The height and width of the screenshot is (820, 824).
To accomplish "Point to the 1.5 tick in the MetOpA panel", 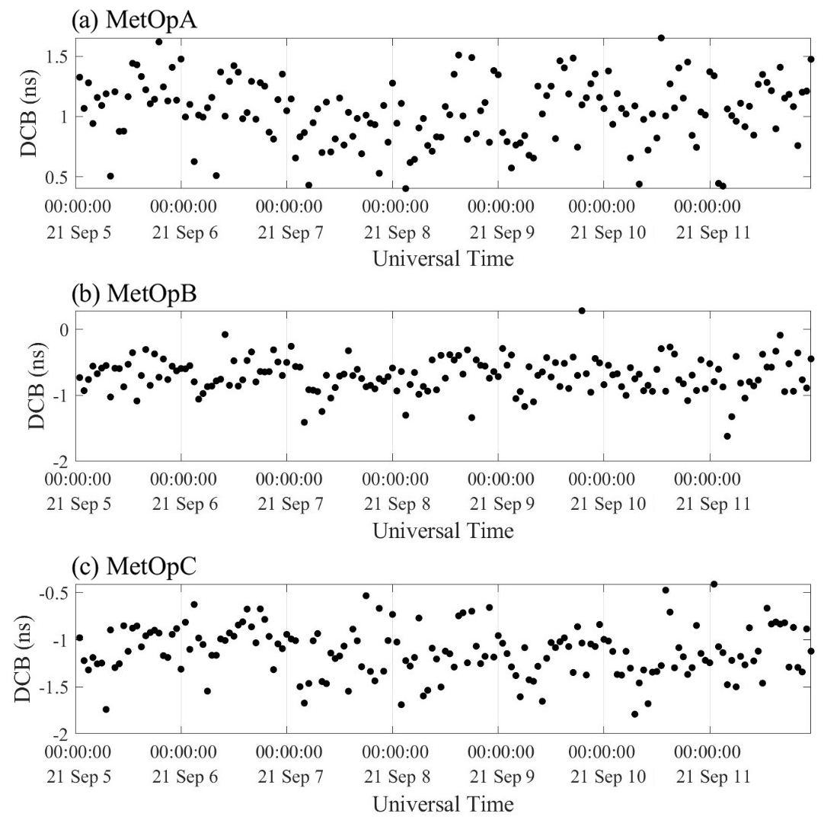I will click(x=59, y=57).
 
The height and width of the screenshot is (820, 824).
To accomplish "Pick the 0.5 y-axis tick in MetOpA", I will click(x=59, y=177).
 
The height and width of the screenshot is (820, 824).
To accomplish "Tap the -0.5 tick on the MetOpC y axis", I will click(x=56, y=593).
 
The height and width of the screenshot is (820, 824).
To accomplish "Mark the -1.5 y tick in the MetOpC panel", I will click(x=56, y=687).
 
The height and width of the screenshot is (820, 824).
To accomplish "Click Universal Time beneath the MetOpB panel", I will click(x=443, y=530).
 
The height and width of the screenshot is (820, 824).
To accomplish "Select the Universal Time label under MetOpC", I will click(x=443, y=803).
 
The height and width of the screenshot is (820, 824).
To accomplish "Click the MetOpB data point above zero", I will click(x=582, y=311).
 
